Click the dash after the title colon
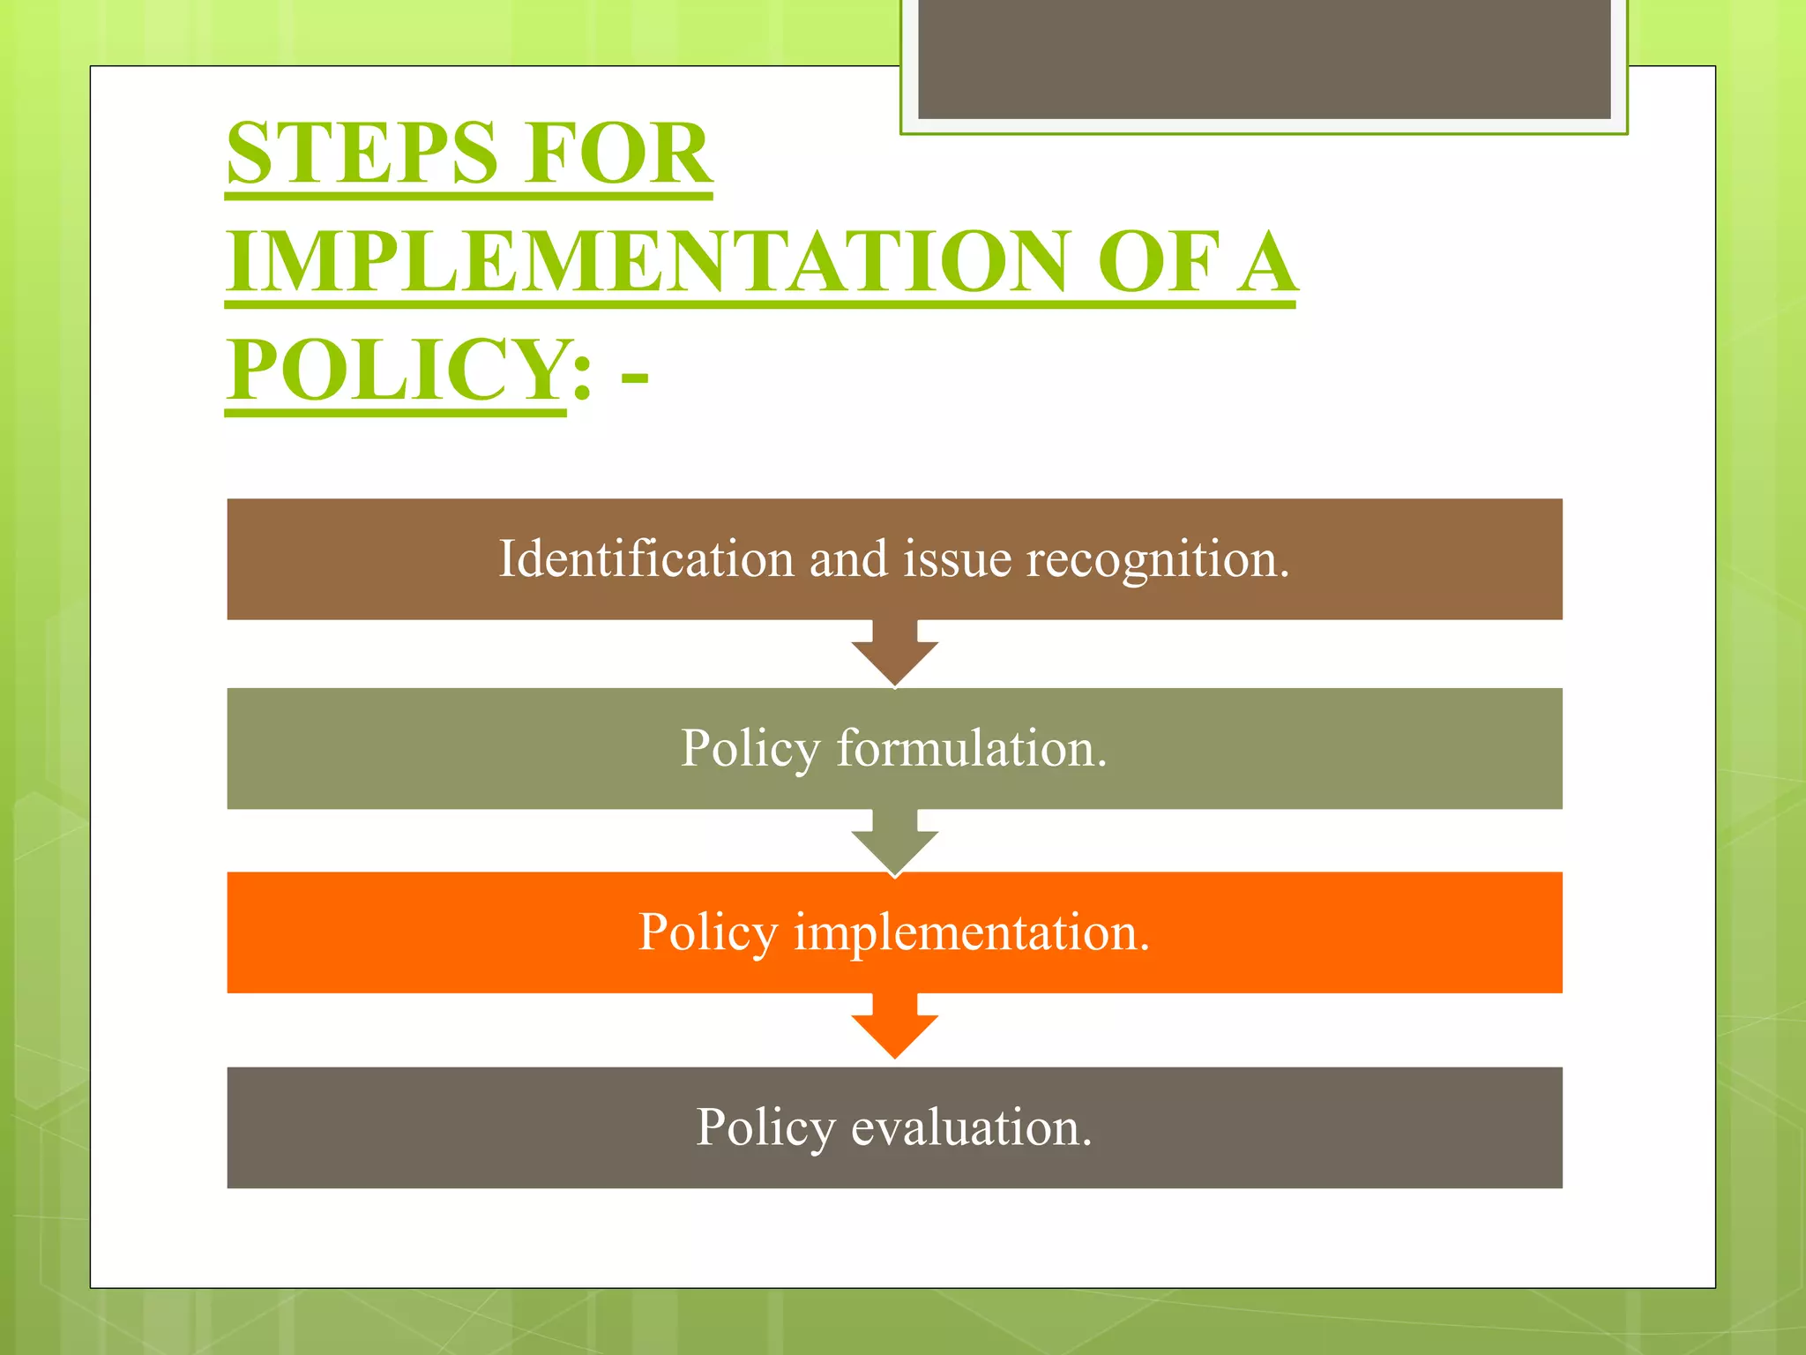coord(634,378)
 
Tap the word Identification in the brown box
coord(646,559)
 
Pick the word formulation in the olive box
coord(971,748)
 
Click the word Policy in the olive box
coord(750,750)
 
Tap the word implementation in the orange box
coord(972,932)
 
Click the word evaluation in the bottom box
coord(971,1127)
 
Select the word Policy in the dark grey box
coord(765,1129)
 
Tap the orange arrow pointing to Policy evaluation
coord(894,1029)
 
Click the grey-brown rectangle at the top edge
coord(1264,58)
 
